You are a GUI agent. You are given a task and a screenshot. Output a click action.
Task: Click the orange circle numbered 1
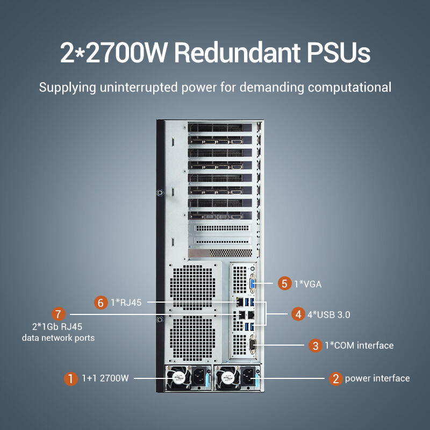(x=71, y=379)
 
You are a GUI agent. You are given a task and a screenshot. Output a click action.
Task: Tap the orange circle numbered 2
(x=335, y=379)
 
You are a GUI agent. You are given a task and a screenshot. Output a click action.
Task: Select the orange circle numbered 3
(x=316, y=346)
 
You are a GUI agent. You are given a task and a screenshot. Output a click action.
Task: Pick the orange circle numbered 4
(x=298, y=314)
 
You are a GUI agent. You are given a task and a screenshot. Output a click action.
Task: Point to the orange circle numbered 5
(x=285, y=284)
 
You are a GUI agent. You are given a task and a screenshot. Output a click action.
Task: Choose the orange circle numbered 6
(x=101, y=303)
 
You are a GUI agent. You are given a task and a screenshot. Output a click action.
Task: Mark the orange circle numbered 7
(x=59, y=314)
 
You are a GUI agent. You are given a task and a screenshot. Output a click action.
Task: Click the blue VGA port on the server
(x=252, y=284)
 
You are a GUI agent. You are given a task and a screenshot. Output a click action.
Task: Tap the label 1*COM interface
(x=359, y=345)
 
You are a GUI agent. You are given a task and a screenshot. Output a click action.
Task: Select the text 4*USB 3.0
(x=328, y=314)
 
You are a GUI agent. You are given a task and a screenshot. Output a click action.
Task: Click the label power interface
(x=377, y=378)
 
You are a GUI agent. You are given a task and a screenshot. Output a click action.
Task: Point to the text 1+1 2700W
(x=105, y=378)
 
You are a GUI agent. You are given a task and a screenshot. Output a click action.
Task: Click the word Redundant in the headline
(x=237, y=52)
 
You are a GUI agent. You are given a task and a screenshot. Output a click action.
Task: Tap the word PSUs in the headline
(x=339, y=52)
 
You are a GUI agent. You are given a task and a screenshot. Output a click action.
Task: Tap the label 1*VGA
(x=307, y=284)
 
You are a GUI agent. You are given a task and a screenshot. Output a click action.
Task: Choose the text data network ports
(x=58, y=338)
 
